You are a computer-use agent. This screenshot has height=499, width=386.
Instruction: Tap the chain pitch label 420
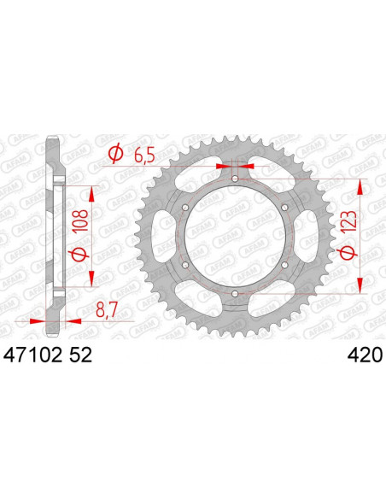[365, 353]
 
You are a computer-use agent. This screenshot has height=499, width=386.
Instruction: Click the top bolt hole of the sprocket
[235, 179]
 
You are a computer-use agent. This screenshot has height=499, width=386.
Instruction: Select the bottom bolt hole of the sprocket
[235, 295]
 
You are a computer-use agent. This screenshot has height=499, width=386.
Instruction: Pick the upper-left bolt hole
[185, 208]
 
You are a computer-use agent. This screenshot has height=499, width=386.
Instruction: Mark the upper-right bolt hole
[284, 208]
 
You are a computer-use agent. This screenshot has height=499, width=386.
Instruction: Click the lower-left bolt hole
[185, 266]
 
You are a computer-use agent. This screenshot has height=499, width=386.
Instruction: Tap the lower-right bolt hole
[284, 266]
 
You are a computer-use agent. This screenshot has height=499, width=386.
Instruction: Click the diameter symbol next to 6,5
[114, 154]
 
